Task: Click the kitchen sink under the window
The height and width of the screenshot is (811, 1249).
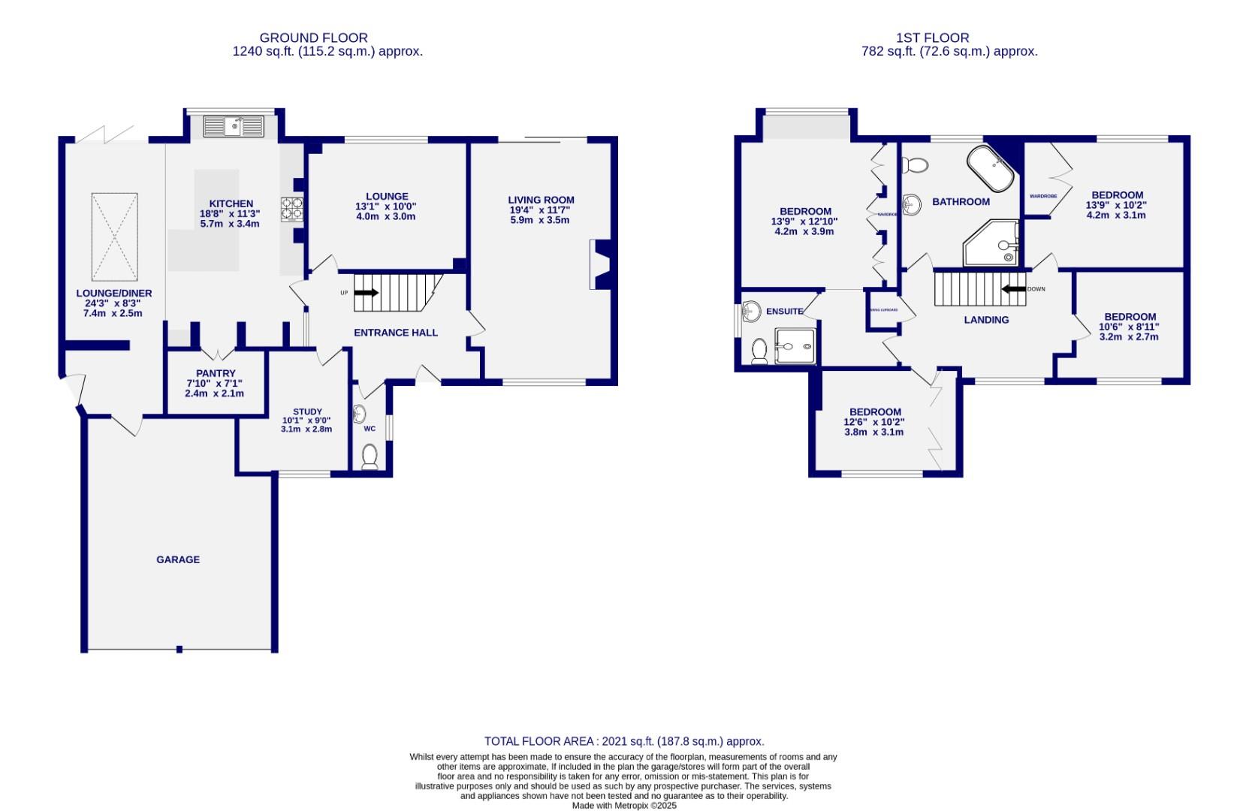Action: pyautogui.click(x=234, y=126)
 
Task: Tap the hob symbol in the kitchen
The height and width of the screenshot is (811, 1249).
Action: pyautogui.click(x=292, y=208)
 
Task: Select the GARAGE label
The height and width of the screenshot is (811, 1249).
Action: pyautogui.click(x=178, y=559)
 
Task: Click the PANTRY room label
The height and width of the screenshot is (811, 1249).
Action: pyautogui.click(x=216, y=373)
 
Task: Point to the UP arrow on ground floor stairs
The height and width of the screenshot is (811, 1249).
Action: pyautogui.click(x=366, y=293)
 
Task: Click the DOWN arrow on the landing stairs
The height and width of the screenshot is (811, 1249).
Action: pyautogui.click(x=1014, y=289)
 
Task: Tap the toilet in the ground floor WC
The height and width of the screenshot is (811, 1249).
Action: pyautogui.click(x=370, y=456)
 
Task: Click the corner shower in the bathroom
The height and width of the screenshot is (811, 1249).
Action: pyautogui.click(x=992, y=243)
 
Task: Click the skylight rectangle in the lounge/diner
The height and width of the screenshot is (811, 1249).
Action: pyautogui.click(x=115, y=235)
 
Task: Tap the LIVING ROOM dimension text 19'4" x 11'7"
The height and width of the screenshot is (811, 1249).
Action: pyautogui.click(x=540, y=210)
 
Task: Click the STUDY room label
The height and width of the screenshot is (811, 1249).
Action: pyautogui.click(x=307, y=412)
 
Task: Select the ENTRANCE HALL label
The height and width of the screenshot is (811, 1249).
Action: pyautogui.click(x=395, y=333)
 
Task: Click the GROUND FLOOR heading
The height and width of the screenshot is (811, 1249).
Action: pyautogui.click(x=313, y=38)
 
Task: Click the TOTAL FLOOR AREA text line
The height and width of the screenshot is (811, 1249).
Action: pyautogui.click(x=624, y=741)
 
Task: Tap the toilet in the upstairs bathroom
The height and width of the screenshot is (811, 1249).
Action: pyautogui.click(x=915, y=164)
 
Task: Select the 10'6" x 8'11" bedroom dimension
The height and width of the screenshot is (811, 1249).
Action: pyautogui.click(x=1129, y=327)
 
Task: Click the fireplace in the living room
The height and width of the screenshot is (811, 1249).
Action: pyautogui.click(x=600, y=264)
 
